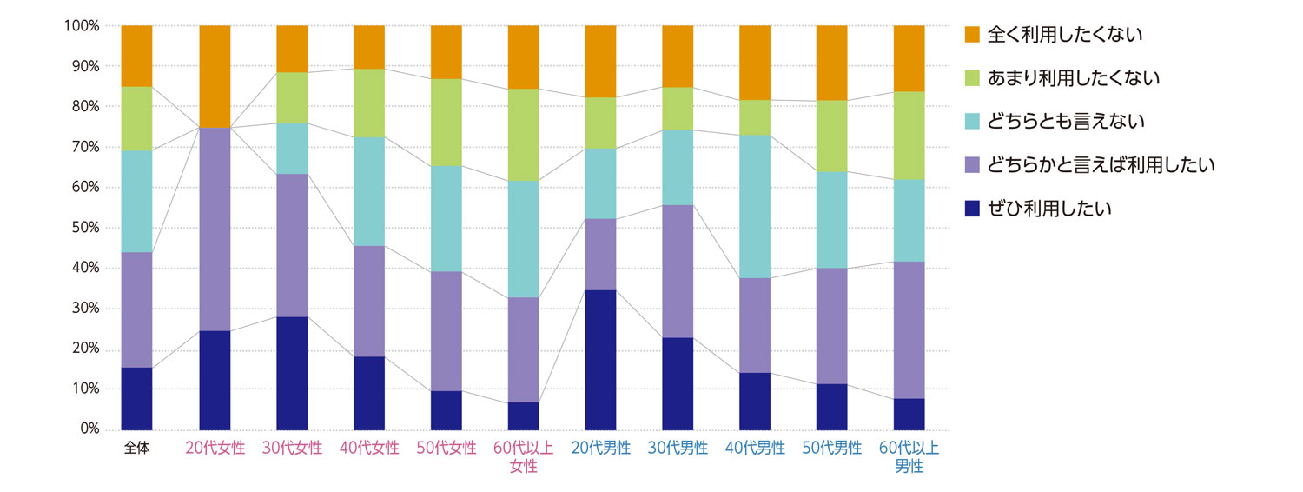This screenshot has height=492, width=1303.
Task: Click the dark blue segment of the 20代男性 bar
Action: point(600,360)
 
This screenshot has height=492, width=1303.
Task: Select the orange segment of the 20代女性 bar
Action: point(215,76)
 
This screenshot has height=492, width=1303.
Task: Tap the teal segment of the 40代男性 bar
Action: point(755,206)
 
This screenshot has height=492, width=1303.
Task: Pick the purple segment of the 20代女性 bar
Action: point(215,229)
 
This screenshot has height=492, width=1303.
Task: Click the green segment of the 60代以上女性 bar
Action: point(523,135)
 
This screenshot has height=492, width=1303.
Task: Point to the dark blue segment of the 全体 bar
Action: point(136,398)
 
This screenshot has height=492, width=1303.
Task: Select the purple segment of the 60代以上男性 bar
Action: point(909,329)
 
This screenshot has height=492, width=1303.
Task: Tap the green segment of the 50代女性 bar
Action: point(446,123)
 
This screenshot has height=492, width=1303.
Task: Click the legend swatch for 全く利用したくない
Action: point(972,35)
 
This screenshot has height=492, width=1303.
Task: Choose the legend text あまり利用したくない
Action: point(1075,78)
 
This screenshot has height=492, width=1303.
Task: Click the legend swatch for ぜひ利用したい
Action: point(972,209)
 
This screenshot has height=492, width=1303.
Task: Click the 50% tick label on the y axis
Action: point(83,228)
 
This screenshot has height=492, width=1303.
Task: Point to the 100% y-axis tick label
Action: point(79,26)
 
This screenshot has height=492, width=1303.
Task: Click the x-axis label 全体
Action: point(136,449)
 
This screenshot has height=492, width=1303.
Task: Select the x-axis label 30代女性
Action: point(292,449)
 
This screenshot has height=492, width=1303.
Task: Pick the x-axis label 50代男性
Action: point(831,449)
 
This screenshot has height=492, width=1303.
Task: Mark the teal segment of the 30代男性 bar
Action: point(678,168)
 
